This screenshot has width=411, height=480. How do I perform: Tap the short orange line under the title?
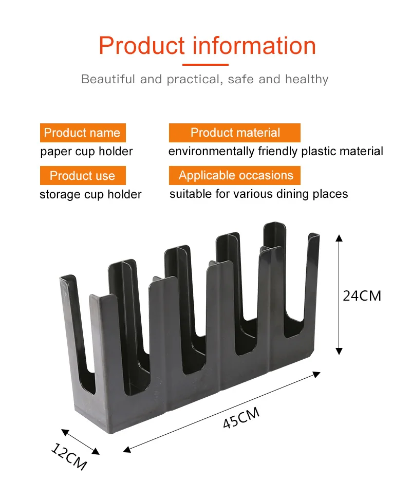(205, 65)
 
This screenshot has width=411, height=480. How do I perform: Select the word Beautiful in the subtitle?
(108, 79)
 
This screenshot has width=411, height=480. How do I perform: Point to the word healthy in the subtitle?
(307, 79)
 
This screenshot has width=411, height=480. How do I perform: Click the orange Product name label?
(82, 133)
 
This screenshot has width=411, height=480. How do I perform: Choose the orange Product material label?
(235, 133)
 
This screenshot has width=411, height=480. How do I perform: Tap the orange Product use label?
(82, 176)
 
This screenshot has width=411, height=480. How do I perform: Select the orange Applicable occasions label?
(235, 175)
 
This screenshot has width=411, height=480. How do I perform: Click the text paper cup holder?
(86, 152)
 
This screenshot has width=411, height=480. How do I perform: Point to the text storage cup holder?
(90, 194)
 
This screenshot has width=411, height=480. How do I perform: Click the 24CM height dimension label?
(362, 296)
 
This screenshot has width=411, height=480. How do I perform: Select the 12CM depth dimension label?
(69, 455)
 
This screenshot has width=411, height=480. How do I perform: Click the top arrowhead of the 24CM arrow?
(339, 237)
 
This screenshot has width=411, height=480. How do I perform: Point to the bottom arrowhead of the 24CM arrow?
(339, 351)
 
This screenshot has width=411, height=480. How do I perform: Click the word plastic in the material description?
(318, 152)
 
